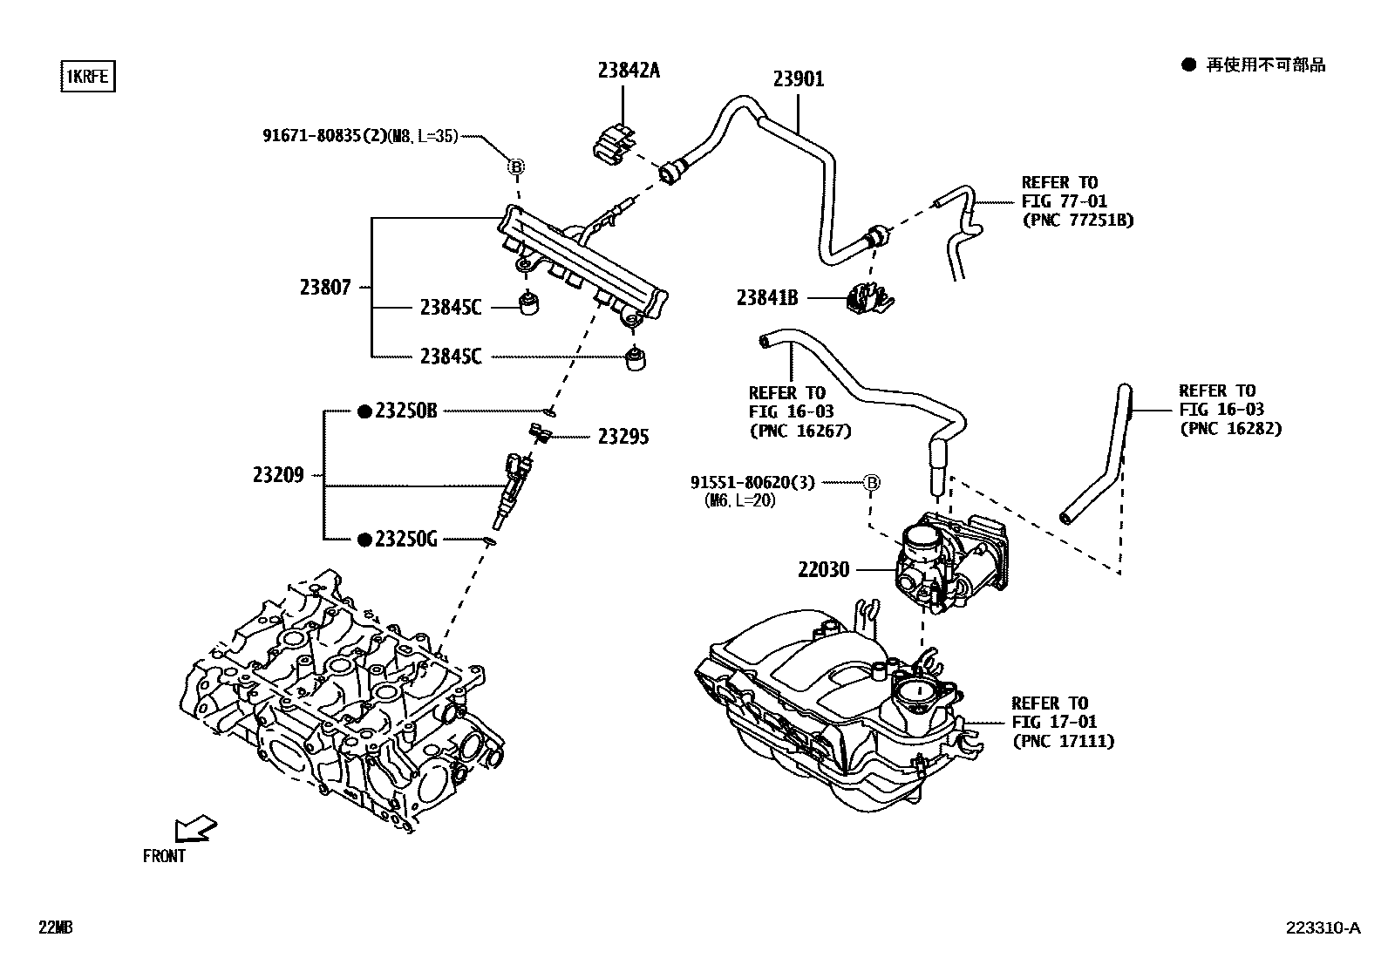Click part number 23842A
click(628, 71)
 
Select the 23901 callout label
click(798, 79)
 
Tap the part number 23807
click(325, 287)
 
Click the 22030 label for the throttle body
click(823, 570)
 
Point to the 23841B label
click(766, 298)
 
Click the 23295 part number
click(623, 437)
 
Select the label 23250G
click(405, 540)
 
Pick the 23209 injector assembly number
click(278, 475)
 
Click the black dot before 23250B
click(364, 411)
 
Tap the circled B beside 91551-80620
click(871, 482)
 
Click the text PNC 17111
click(1063, 741)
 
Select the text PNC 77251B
click(1078, 220)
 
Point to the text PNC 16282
click(1230, 428)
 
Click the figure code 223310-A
click(1321, 927)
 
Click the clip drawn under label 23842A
click(616, 144)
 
